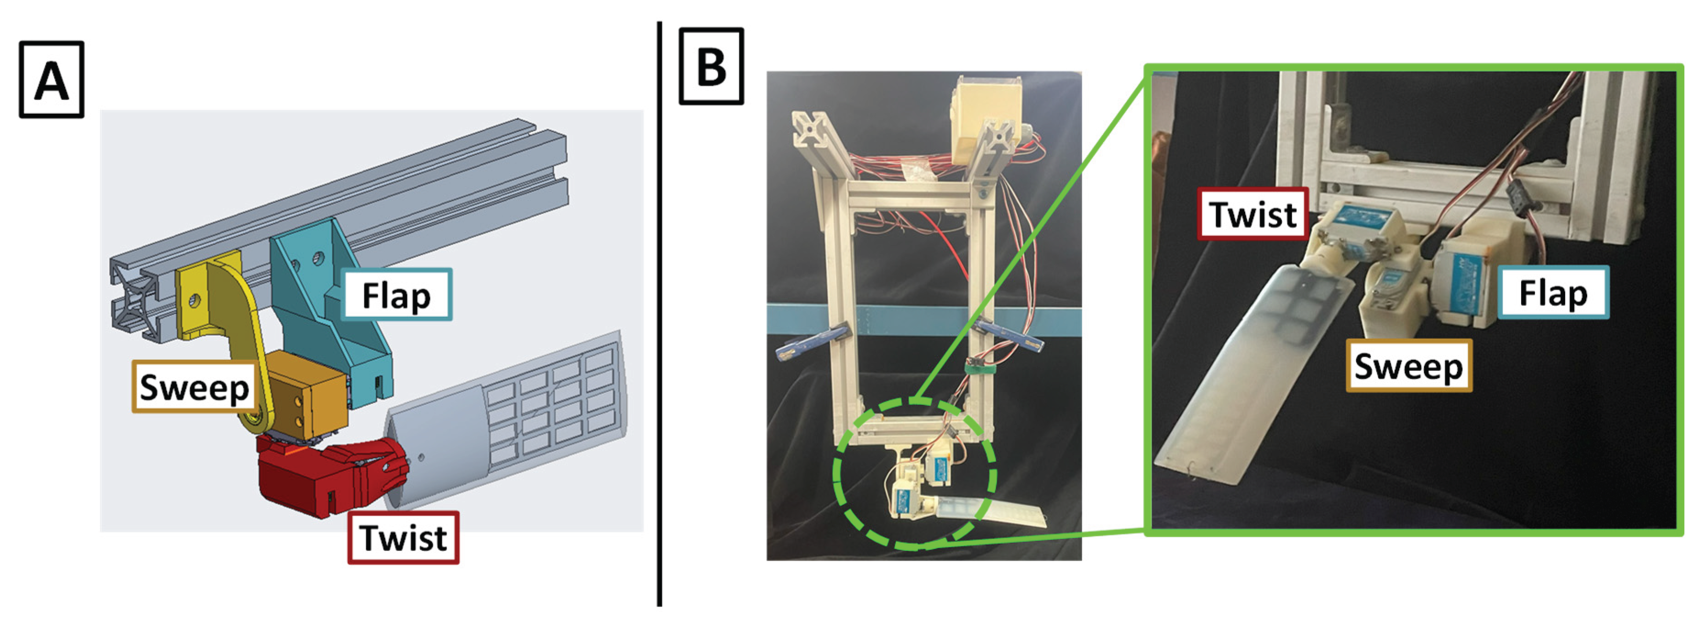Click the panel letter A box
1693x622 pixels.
click(x=51, y=80)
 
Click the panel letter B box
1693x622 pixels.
click(x=711, y=66)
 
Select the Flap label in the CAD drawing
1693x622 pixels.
click(x=396, y=295)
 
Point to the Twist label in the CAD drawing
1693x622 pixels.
click(x=403, y=538)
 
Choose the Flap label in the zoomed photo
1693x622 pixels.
click(x=1554, y=292)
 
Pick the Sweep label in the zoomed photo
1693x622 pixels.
click(x=1408, y=366)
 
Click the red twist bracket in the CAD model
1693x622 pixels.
click(x=309, y=477)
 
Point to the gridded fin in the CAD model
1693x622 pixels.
click(x=526, y=421)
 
